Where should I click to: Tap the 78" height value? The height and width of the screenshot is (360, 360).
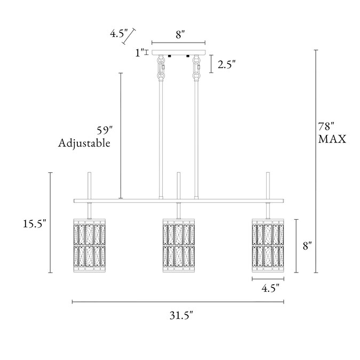326,126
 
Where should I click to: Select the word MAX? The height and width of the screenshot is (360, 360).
332,139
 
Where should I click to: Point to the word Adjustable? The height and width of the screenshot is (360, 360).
84,143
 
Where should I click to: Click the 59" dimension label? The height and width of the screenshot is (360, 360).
105,131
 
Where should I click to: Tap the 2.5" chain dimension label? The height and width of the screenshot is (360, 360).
227,65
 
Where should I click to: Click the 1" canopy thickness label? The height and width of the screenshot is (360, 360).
140,53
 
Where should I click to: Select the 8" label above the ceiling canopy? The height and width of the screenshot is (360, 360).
180,35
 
